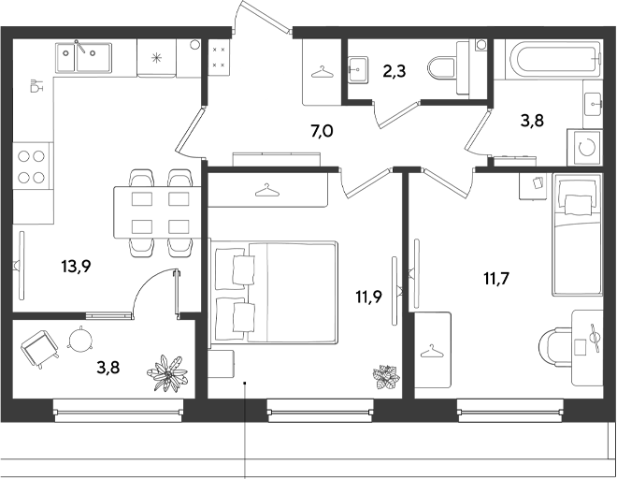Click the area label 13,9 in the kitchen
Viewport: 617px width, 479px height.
coord(77,267)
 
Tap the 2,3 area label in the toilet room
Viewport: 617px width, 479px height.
coord(394,72)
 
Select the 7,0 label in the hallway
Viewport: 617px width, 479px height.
coord(322,131)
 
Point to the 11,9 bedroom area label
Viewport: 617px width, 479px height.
coord(368,298)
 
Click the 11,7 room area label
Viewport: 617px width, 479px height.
coord(496,279)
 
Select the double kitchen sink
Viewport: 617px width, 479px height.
coord(83,58)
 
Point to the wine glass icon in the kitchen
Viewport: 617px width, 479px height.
coord(36,85)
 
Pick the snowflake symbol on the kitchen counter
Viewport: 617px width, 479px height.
coord(157,58)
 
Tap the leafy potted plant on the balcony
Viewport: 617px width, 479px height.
coord(167,373)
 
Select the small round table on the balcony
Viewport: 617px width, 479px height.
coord(79,339)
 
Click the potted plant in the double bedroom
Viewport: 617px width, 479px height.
coord(386,377)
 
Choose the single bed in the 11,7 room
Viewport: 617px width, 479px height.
coord(577,235)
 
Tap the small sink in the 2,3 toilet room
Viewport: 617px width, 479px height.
coord(358,70)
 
